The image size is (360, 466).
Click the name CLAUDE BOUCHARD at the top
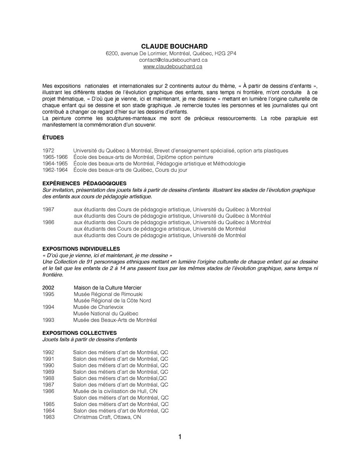[174, 47]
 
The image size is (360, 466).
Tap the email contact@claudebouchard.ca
[173, 60]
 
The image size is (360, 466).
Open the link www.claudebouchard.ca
[172, 66]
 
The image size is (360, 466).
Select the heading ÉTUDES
[53, 137]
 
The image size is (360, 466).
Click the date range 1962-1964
[55, 170]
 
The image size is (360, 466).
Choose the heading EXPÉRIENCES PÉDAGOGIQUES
[84, 183]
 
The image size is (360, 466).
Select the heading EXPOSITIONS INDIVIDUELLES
[81, 249]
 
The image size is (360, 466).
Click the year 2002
[48, 288]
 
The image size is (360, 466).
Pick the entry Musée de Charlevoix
[98, 307]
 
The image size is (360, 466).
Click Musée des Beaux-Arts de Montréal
[115, 320]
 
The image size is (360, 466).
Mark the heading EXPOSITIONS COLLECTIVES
[79, 333]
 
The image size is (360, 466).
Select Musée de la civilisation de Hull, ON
[115, 391]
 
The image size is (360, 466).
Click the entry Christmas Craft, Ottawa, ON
[107, 417]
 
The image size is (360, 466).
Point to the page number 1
[180, 437]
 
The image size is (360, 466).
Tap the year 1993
[48, 320]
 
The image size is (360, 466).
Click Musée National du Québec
[106, 313]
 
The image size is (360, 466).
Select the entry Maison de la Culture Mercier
[108, 288]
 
